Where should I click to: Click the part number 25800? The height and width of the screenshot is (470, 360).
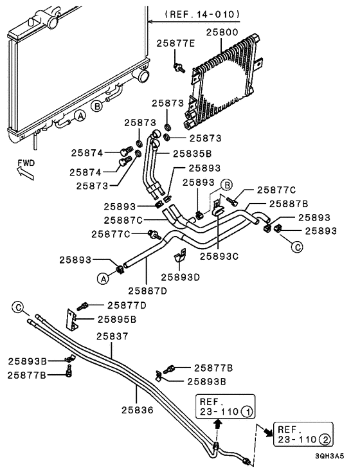coord(222,31)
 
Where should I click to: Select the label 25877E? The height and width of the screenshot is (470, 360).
coord(175,44)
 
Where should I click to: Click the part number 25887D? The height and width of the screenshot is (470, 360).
coord(148,290)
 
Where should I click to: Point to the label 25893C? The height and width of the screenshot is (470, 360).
coord(219,255)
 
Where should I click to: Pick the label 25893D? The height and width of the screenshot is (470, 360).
coord(181,277)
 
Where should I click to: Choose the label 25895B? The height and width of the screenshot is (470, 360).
coord(116,318)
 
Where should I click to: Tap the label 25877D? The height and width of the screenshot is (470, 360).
coord(127,305)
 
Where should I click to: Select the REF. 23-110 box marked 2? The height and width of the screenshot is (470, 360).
coord(303,434)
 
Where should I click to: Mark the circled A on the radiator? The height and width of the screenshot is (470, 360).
coord(80,116)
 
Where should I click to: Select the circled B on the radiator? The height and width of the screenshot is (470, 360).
coord(96,107)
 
